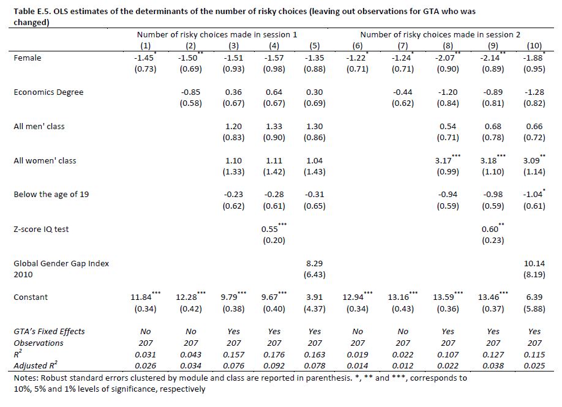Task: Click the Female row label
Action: [x=27, y=58]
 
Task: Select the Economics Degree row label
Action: [x=48, y=92]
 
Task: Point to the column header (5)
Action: [x=315, y=46]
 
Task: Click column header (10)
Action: [x=534, y=46]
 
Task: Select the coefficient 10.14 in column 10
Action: [x=534, y=263]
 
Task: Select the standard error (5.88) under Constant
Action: [x=534, y=309]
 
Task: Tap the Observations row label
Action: [x=39, y=343]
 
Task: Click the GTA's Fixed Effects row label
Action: [x=49, y=331]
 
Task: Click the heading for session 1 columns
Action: [x=217, y=35]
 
